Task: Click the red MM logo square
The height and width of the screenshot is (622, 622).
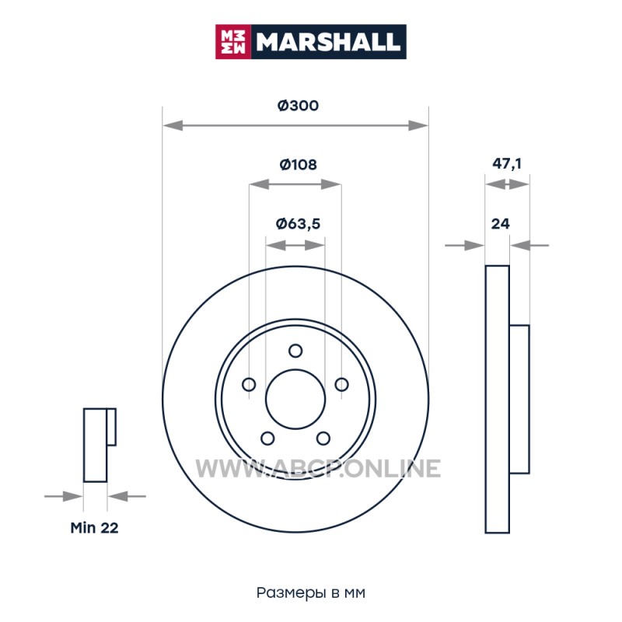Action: pyautogui.click(x=232, y=42)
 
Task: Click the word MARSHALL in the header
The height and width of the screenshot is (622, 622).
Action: pyautogui.click(x=327, y=42)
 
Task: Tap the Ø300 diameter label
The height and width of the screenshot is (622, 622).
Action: pyautogui.click(x=298, y=106)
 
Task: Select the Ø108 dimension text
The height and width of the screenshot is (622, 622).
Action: pyautogui.click(x=298, y=164)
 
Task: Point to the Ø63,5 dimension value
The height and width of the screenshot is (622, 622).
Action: pyautogui.click(x=298, y=224)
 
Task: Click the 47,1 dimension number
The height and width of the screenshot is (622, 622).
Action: pyautogui.click(x=507, y=163)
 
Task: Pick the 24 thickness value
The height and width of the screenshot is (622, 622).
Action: pyautogui.click(x=500, y=224)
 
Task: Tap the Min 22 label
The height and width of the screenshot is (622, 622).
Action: pyautogui.click(x=94, y=528)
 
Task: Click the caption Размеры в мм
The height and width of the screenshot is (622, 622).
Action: pyautogui.click(x=310, y=592)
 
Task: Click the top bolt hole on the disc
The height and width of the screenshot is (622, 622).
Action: pyautogui.click(x=295, y=351)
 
